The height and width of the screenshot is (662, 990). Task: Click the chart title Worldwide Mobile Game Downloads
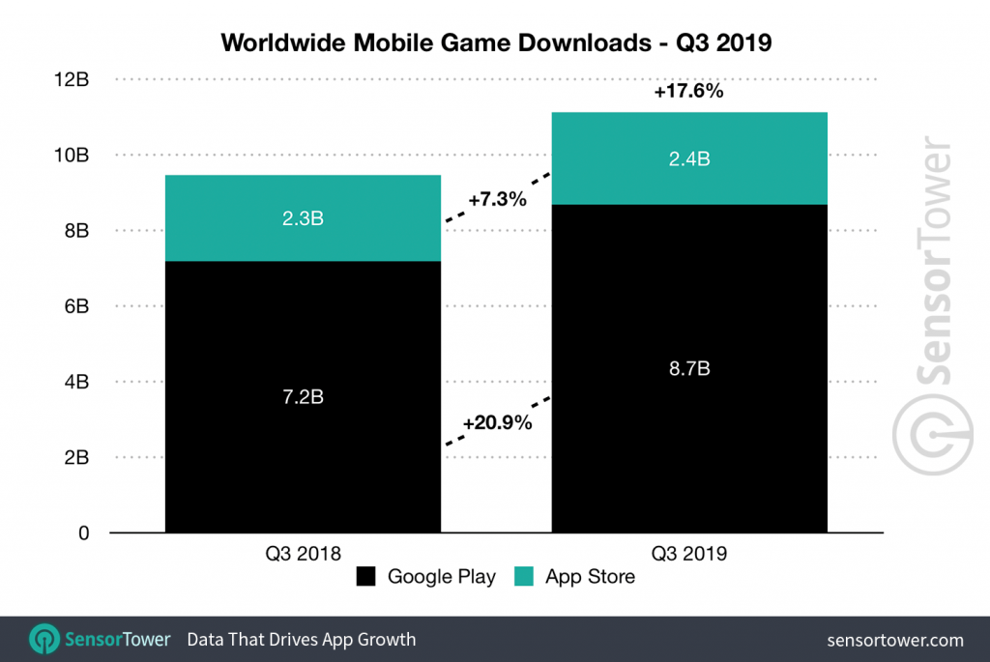(495, 43)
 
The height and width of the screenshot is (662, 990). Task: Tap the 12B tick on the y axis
(73, 79)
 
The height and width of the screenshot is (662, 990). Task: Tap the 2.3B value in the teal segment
(303, 218)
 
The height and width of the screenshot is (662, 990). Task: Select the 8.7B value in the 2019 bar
(689, 368)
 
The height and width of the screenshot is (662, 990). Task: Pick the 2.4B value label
(689, 159)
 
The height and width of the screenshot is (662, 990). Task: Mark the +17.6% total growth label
(688, 93)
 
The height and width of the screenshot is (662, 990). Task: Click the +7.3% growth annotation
(497, 200)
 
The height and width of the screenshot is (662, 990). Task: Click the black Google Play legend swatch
(366, 578)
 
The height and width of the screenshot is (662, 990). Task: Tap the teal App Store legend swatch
(526, 578)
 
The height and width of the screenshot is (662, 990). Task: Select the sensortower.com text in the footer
(895, 640)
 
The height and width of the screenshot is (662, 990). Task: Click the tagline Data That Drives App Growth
(301, 640)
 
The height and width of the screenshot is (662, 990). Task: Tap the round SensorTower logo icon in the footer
(44, 639)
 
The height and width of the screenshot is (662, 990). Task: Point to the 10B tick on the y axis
(73, 155)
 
